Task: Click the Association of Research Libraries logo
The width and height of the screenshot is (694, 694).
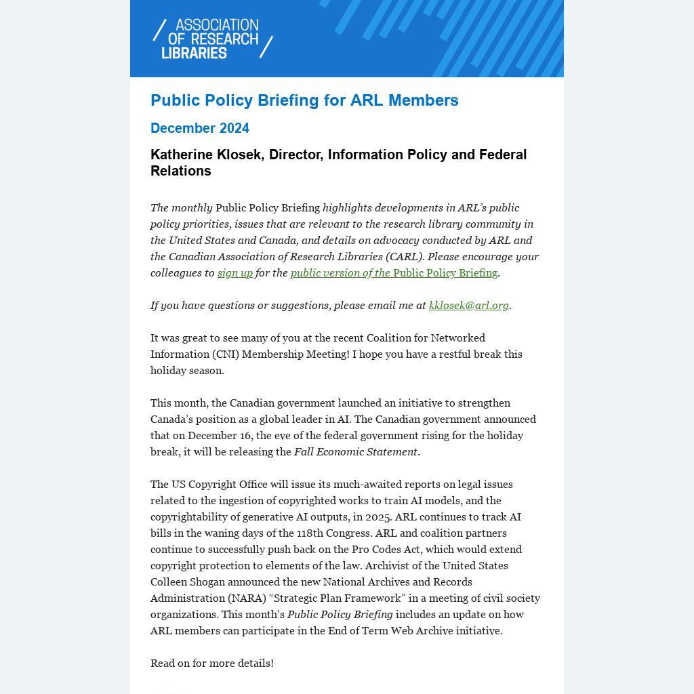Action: [212, 39]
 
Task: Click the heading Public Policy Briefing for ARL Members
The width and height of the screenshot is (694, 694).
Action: [304, 100]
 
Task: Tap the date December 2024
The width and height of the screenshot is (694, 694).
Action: [200, 128]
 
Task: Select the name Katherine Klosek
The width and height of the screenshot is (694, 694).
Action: [206, 155]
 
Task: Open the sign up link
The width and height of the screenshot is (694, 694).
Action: [234, 272]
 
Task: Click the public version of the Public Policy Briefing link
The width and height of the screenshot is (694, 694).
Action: [394, 272]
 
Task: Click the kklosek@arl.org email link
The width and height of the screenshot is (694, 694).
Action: [468, 305]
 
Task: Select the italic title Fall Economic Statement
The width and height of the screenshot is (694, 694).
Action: [355, 451]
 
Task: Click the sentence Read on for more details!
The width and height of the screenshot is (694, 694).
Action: [212, 663]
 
